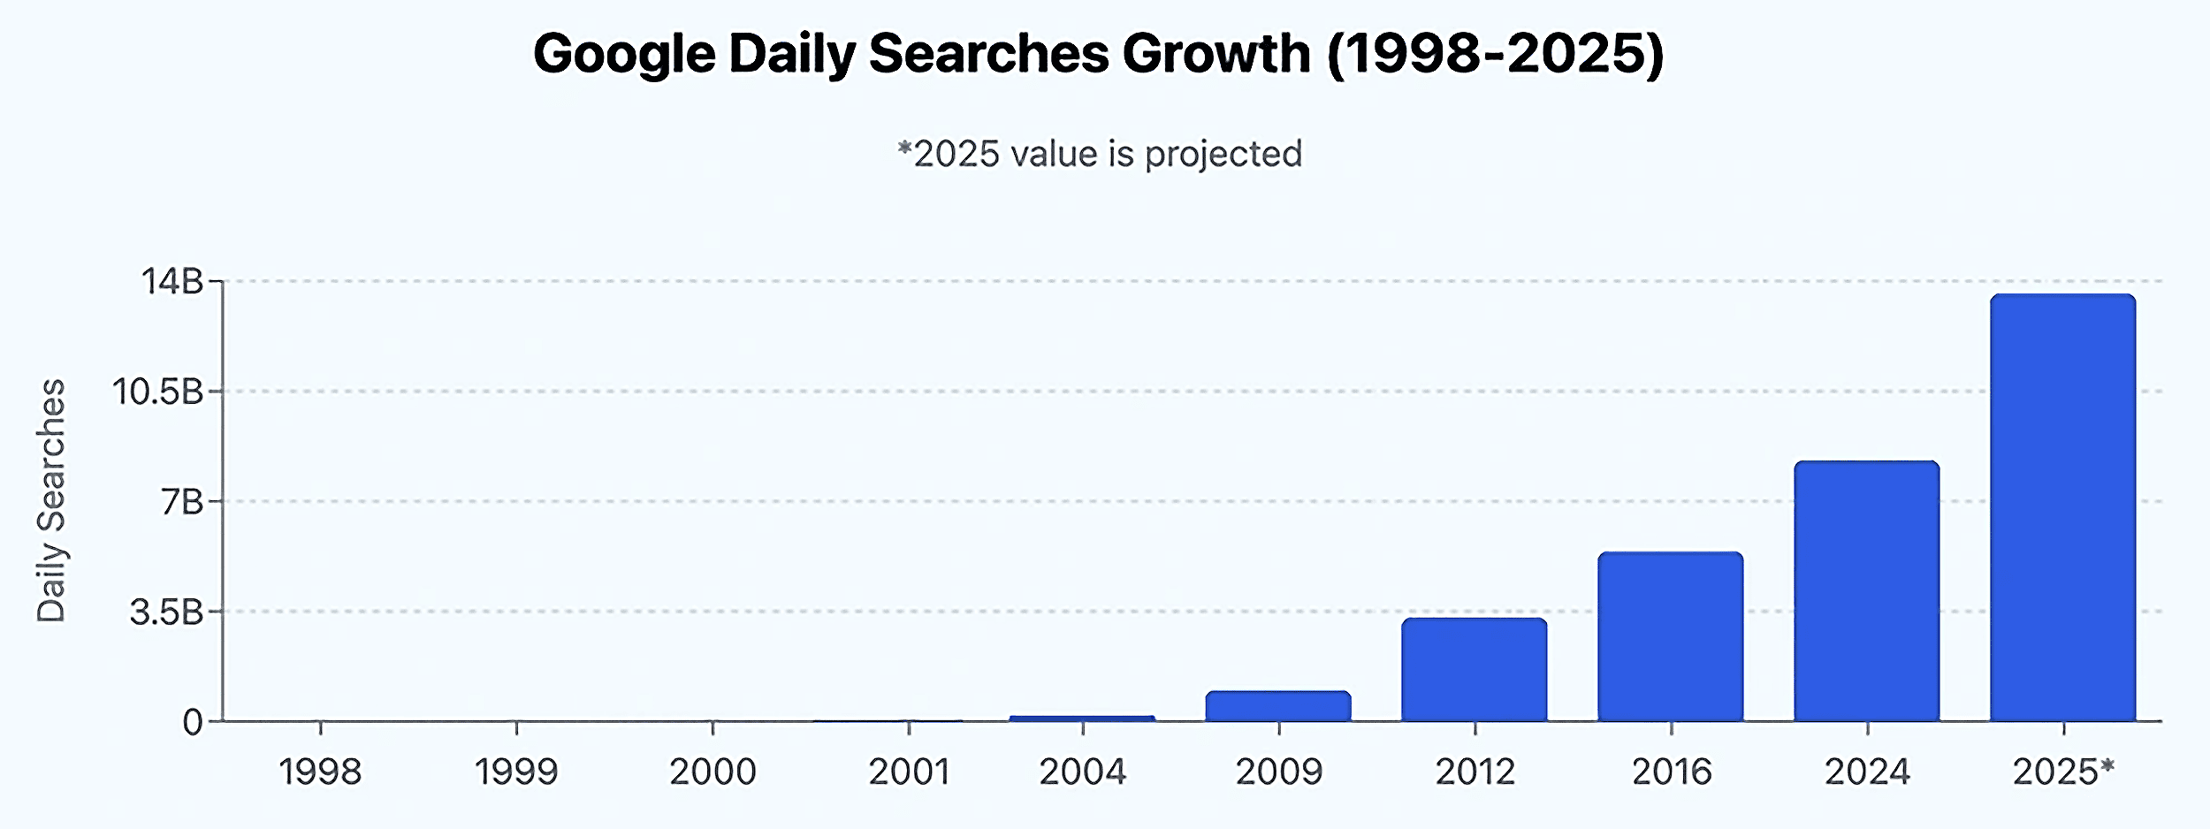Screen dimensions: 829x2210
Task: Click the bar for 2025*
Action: pyautogui.click(x=2062, y=508)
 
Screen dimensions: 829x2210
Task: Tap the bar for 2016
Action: pyautogui.click(x=1670, y=636)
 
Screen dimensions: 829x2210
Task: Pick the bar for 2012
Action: pyautogui.click(x=1474, y=670)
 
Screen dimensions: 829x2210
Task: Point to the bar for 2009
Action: pyautogui.click(x=1277, y=706)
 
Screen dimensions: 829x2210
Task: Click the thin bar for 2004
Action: pyautogui.click(x=1082, y=719)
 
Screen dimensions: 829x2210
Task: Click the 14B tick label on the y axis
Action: pyautogui.click(x=172, y=282)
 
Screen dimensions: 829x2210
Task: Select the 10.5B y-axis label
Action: pyautogui.click(x=157, y=392)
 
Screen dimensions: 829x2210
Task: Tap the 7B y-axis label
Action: pyautogui.click(x=182, y=502)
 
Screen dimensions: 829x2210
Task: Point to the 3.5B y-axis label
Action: pyautogui.click(x=166, y=612)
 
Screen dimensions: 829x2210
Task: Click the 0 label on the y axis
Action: pyautogui.click(x=192, y=723)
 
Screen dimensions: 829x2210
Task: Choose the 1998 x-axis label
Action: pyautogui.click(x=320, y=772)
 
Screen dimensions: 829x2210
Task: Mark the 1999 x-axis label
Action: pyautogui.click(x=516, y=772)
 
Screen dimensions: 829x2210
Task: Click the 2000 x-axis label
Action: pyautogui.click(x=713, y=772)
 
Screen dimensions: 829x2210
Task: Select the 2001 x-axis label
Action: pyautogui.click(x=909, y=772)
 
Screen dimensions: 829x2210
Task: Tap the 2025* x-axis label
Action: pyautogui.click(x=2063, y=772)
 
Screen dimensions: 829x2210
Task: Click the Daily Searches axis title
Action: pyautogui.click(x=51, y=501)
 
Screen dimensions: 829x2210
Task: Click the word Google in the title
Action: pyautogui.click(x=624, y=55)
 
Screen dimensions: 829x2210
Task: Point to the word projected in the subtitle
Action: pyautogui.click(x=1223, y=155)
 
